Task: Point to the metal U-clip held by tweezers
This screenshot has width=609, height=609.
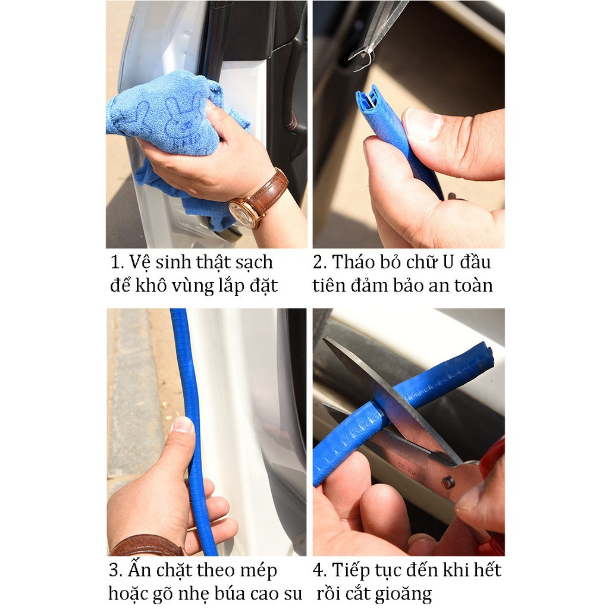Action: (362, 59)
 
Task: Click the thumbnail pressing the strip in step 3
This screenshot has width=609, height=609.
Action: (182, 425)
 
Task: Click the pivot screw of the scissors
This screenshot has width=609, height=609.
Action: (448, 482)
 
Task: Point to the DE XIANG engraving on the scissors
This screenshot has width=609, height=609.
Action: (412, 471)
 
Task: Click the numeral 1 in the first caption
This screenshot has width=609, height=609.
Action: (115, 262)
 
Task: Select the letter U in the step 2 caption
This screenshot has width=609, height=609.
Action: (448, 262)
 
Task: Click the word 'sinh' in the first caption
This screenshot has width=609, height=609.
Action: (174, 262)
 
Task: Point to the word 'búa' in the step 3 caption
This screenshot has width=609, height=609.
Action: (230, 594)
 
